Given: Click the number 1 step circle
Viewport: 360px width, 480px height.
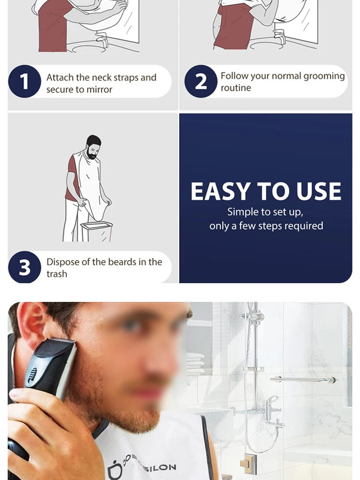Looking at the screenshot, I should coord(24,82).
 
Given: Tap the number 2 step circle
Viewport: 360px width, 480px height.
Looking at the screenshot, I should coord(201,82).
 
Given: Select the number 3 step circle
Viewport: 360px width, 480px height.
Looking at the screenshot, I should coord(24,267).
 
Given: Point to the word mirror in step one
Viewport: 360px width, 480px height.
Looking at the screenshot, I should coord(99,89).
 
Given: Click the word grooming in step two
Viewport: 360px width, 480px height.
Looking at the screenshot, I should coord(324,76).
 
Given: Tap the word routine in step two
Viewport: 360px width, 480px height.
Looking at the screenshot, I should coord(236,88).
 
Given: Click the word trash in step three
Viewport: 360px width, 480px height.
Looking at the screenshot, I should coord(57,274).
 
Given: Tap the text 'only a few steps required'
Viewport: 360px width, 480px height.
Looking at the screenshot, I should coord(266,226).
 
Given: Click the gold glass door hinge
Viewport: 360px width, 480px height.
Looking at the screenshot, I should coord(248,464).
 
